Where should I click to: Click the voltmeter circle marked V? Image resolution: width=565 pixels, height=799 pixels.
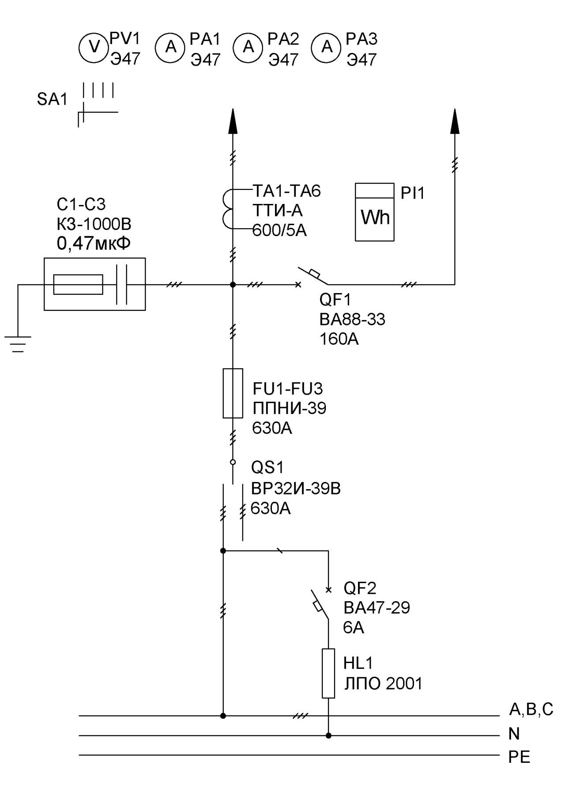tap(94, 47)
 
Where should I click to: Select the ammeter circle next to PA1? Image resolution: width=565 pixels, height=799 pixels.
tap(170, 47)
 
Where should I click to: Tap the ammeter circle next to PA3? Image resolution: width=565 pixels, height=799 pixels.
tap(327, 47)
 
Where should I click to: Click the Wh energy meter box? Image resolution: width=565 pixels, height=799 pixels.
tap(375, 212)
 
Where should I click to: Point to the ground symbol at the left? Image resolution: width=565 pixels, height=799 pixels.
tap(18, 344)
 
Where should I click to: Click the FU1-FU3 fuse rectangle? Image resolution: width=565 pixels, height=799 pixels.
tap(233, 393)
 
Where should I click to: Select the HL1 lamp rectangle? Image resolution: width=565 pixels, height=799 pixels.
tap(328, 673)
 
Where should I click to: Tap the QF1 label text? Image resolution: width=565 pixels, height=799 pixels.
tap(335, 300)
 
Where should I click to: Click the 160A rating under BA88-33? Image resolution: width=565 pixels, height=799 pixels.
tap(339, 339)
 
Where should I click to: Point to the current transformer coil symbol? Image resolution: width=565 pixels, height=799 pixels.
tap(227, 210)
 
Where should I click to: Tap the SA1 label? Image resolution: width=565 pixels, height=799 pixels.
tap(52, 99)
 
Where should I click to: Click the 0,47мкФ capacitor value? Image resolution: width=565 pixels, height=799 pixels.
tap(94, 243)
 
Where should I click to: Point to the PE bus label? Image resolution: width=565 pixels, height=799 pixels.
tap(519, 757)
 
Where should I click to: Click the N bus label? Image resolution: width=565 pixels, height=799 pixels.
tap(514, 734)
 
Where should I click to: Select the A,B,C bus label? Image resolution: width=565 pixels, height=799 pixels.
tap(531, 709)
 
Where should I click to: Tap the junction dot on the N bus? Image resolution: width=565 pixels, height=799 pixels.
tap(328, 735)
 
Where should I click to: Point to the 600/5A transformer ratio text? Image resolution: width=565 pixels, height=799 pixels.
tap(279, 230)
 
